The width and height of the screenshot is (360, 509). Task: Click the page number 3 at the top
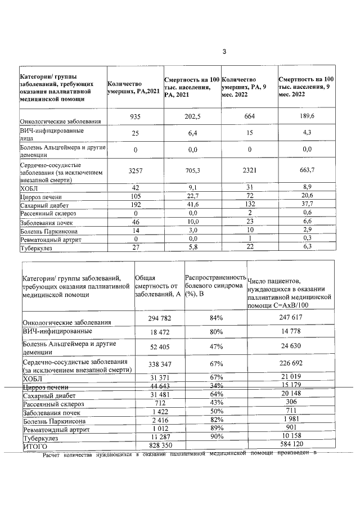pyautogui.click(x=224, y=52)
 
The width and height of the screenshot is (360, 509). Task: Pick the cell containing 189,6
pyautogui.click(x=307, y=116)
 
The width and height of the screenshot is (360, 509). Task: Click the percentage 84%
pyautogui.click(x=215, y=318)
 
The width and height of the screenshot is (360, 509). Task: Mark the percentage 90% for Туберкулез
pyautogui.click(x=215, y=436)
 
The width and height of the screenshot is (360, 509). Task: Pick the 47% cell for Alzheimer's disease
pyautogui.click(x=215, y=348)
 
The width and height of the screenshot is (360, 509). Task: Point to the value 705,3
pyautogui.click(x=192, y=172)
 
